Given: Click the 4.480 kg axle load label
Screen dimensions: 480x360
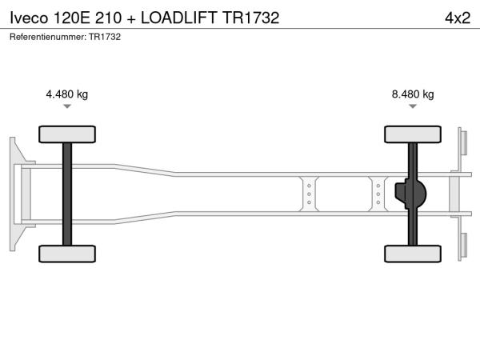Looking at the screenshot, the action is tap(66, 94).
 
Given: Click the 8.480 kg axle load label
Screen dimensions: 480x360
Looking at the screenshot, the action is tap(413, 94).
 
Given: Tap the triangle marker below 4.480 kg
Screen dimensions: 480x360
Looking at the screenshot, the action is tap(67, 106).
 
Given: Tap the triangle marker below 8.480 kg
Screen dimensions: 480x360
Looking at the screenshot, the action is tap(413, 106).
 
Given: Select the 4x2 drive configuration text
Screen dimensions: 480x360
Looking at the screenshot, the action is tap(458, 18).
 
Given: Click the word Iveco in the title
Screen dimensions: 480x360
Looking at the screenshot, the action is tap(29, 18).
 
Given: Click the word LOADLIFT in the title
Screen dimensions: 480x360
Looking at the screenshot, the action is tap(178, 18).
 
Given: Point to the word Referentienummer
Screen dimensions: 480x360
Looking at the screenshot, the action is tap(48, 37).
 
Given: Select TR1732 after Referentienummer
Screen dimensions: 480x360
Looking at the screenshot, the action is tap(105, 37).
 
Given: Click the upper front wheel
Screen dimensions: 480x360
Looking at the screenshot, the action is tap(67, 134).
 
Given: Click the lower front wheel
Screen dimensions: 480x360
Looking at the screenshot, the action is tap(67, 254).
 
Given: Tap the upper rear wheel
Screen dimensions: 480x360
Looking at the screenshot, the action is tap(413, 134).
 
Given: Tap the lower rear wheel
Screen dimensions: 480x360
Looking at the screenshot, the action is tap(413, 254).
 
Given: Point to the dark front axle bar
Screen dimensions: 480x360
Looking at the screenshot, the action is tap(67, 194).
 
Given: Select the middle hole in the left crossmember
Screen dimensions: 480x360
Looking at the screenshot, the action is tap(309, 194).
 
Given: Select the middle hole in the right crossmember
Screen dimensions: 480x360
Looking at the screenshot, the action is tap(378, 194).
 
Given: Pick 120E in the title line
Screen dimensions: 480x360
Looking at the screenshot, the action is tap(72, 18).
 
